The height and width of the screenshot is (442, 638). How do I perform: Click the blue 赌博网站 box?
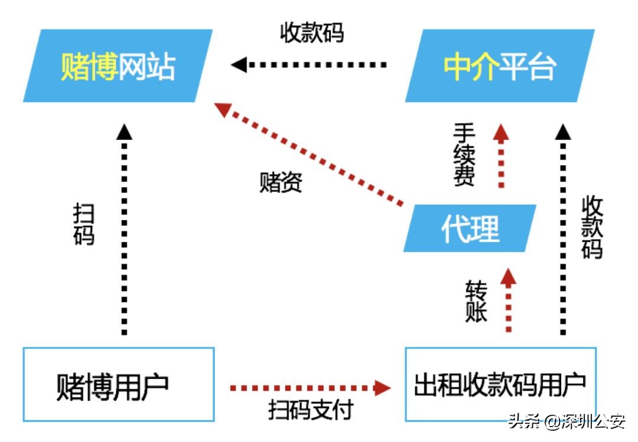118,66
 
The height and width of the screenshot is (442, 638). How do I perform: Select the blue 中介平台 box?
500,66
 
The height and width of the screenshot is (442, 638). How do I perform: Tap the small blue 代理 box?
470,228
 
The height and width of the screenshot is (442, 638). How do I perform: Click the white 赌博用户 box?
118,384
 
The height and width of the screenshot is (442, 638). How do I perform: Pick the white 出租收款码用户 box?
500,384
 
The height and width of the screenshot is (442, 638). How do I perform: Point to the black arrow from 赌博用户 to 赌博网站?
125,230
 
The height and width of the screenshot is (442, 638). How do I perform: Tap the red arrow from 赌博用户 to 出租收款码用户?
310,388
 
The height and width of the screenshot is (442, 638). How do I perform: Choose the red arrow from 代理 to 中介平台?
502,156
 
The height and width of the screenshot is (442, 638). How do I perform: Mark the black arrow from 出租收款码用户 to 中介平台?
562,230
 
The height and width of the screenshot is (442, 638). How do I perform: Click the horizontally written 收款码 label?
311,33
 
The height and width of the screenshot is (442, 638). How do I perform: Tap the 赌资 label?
281,183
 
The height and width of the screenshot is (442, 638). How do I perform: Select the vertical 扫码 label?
84,225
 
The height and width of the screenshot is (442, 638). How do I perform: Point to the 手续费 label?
464,155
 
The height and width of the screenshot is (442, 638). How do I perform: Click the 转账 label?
476,301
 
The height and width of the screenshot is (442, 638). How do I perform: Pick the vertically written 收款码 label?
592,228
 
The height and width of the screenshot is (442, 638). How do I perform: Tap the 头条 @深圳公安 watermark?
567,423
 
